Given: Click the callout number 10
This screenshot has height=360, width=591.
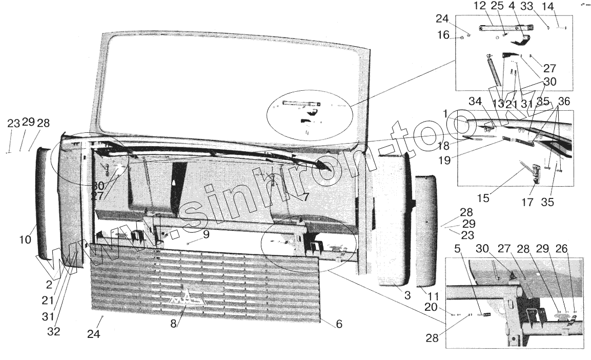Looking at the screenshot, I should click(26, 239).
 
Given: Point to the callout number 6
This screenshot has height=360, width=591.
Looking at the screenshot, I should click(339, 324).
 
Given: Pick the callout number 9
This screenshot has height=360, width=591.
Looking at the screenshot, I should click(206, 235).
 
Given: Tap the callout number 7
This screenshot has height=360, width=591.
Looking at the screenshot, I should click(305, 196).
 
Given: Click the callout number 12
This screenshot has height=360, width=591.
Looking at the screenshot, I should click(479, 7).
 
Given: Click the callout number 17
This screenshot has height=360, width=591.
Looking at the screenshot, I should click(528, 202).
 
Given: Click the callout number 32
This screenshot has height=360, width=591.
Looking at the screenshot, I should click(53, 331).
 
